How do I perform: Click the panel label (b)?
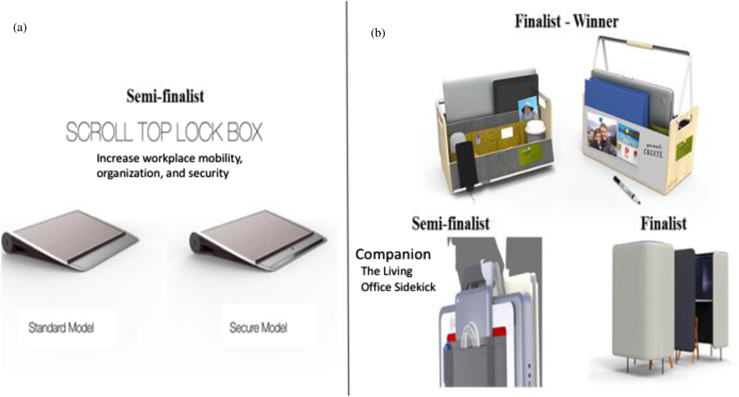[x=378, y=33]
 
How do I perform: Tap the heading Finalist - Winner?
[x=566, y=22]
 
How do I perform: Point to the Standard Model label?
[x=61, y=328]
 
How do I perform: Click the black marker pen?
[x=627, y=191]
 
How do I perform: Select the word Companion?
[x=393, y=254]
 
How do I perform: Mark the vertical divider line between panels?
[x=348, y=198]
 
